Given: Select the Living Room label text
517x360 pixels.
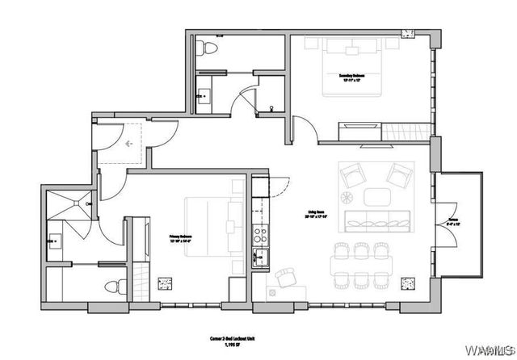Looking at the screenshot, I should coord(316,214).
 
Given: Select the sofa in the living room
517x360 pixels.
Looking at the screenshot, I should coord(376,219).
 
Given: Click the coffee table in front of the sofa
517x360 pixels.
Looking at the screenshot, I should coord(376,196).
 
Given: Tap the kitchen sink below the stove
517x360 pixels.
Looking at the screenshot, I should coord(261,259).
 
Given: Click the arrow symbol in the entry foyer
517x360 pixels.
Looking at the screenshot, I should coord(128,143).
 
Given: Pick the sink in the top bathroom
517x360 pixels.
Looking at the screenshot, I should coord(202,97).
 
